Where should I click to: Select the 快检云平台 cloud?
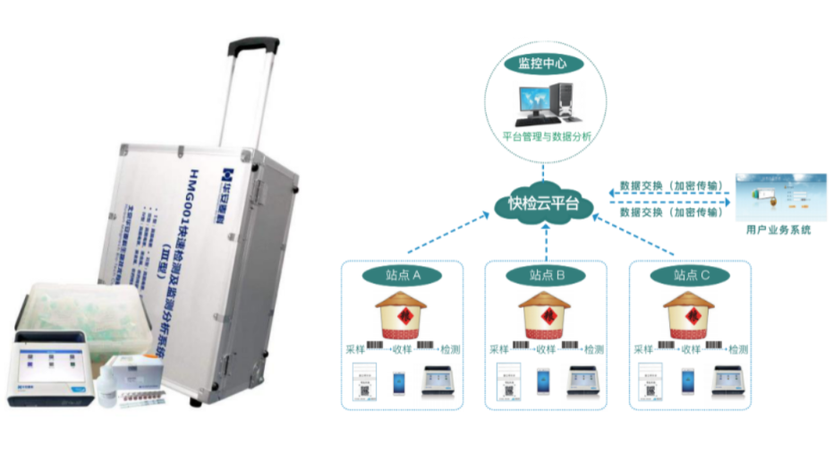pyautogui.click(x=543, y=205)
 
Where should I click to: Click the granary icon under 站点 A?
pyautogui.click(x=399, y=313)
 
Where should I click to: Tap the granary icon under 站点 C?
pyautogui.click(x=690, y=313)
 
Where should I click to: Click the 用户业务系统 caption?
pyautogui.click(x=778, y=230)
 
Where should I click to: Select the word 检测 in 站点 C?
pyautogui.click(x=737, y=348)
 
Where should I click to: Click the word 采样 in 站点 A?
pyautogui.click(x=355, y=348)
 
